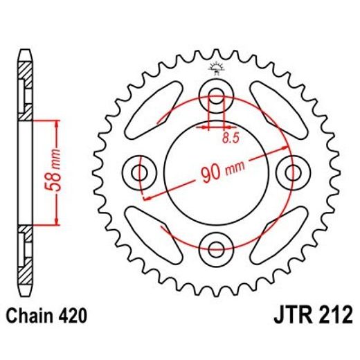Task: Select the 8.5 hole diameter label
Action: tap(230, 138)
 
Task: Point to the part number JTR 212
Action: tap(309, 318)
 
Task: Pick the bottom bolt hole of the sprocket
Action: tap(215, 246)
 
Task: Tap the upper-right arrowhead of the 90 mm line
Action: tap(284, 150)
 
